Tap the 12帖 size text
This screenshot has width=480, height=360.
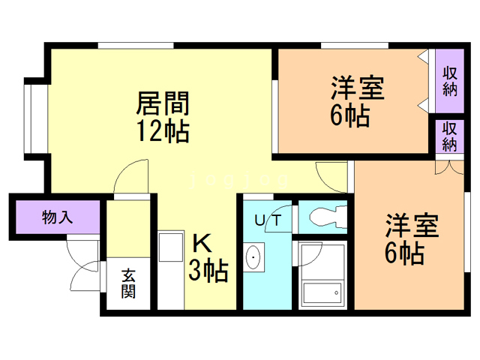tap(162, 131)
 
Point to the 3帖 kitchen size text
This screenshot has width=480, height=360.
tap(206, 270)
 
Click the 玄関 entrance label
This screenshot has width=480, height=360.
tap(128, 283)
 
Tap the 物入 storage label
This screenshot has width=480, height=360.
tap(57, 217)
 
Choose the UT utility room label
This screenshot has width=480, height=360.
tap(267, 220)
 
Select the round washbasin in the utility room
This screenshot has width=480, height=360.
tap(254, 259)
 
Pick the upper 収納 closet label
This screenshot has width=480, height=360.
tap(450, 81)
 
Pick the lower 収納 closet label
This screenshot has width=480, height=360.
tap(449, 136)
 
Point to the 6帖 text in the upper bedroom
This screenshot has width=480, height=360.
tap(349, 117)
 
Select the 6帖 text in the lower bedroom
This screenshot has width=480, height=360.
tap(404, 253)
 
